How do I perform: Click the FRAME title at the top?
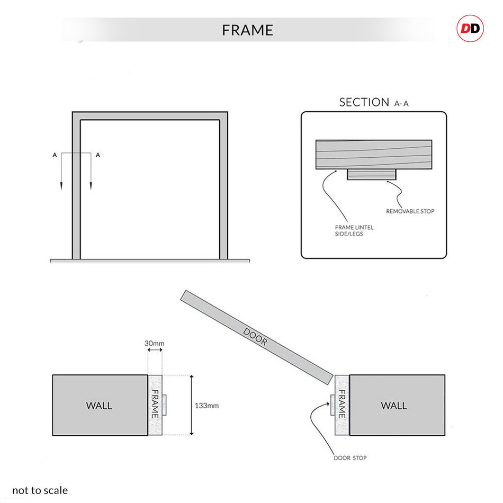click(247, 30)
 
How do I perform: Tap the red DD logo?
click(470, 29)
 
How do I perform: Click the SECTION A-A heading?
click(373, 102)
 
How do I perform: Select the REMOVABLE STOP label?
click(410, 211)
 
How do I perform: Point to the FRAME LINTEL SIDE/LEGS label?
click(354, 230)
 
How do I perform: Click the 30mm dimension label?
click(154, 343)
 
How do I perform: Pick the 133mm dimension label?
click(206, 406)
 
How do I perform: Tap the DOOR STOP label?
click(350, 457)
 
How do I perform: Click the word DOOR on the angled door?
click(255, 337)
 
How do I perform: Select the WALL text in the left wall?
click(99, 406)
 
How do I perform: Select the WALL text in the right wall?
click(394, 406)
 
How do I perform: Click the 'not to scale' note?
click(40, 490)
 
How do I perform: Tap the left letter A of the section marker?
click(55, 155)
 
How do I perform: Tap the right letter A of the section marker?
click(98, 155)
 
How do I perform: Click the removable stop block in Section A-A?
click(372, 174)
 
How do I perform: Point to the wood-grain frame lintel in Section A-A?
click(373, 154)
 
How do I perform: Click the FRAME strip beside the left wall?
click(155, 405)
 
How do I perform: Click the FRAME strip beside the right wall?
click(342, 405)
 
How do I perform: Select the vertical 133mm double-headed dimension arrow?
click(192, 405)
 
